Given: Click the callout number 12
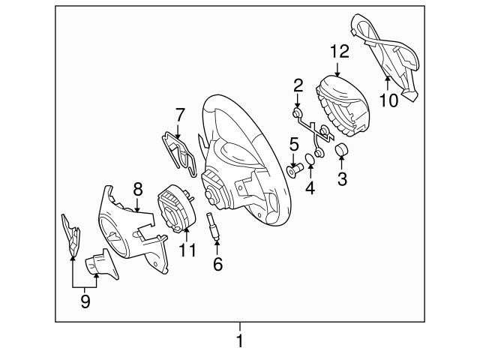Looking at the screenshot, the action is [340, 52].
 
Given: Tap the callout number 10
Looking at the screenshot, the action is [389, 100].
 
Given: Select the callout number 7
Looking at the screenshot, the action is [180, 115].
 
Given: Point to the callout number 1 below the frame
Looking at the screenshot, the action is [240, 340].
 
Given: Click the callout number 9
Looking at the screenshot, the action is [85, 301].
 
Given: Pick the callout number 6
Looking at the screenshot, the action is [217, 264].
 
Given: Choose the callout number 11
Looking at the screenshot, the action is [187, 250].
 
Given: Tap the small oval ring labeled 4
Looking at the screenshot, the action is [310, 159].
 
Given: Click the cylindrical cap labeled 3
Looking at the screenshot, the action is [341, 150].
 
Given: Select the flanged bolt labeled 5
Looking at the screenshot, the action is [295, 170].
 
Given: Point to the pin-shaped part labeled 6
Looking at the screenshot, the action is [214, 226].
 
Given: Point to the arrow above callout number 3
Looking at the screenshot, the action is [341, 163].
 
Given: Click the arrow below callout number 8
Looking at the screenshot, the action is [137, 204].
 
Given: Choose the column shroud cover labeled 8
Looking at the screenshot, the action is [133, 229].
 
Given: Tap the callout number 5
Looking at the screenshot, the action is [294, 144].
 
